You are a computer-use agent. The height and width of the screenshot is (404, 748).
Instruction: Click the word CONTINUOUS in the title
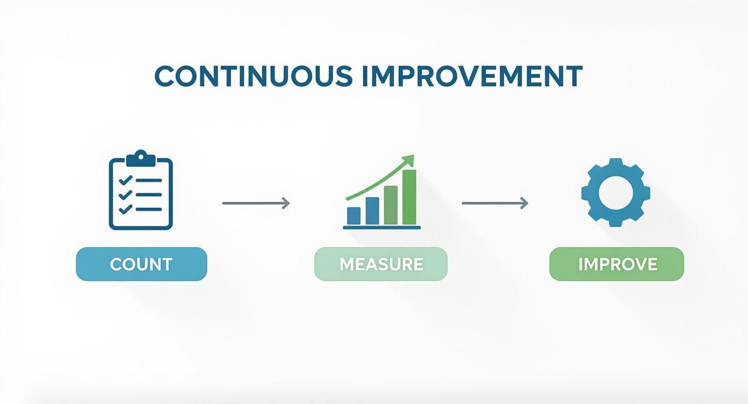pos(253,76)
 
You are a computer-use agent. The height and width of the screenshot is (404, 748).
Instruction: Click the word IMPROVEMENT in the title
pos(472,76)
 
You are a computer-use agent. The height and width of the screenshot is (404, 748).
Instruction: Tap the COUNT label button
pos(141,264)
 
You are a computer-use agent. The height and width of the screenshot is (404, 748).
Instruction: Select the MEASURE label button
pos(381,264)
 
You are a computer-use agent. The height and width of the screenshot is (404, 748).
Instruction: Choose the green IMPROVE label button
pos(617,264)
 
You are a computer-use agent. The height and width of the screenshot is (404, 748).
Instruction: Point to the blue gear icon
pos(616,192)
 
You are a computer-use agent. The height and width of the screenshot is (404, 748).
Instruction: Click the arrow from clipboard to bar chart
pos(256,203)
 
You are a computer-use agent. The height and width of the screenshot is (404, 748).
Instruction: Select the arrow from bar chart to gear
pos(495,203)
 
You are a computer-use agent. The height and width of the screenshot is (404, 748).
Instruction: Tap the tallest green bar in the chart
pos(409,197)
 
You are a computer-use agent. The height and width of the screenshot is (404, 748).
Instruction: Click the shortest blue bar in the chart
pos(354,215)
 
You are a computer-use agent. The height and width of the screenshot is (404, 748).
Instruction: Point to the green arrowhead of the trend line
pos(409,160)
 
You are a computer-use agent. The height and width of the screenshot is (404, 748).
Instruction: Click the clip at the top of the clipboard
pos(141,157)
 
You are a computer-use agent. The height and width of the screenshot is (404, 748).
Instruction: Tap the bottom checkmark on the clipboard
pos(125,208)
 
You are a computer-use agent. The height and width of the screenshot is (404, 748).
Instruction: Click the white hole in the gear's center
pos(616,192)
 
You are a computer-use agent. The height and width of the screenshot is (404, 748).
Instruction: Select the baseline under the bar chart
pos(382,228)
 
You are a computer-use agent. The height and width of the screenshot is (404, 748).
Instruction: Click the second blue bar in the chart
pos(372,211)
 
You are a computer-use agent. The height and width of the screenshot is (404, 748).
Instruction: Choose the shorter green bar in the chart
pos(391,205)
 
